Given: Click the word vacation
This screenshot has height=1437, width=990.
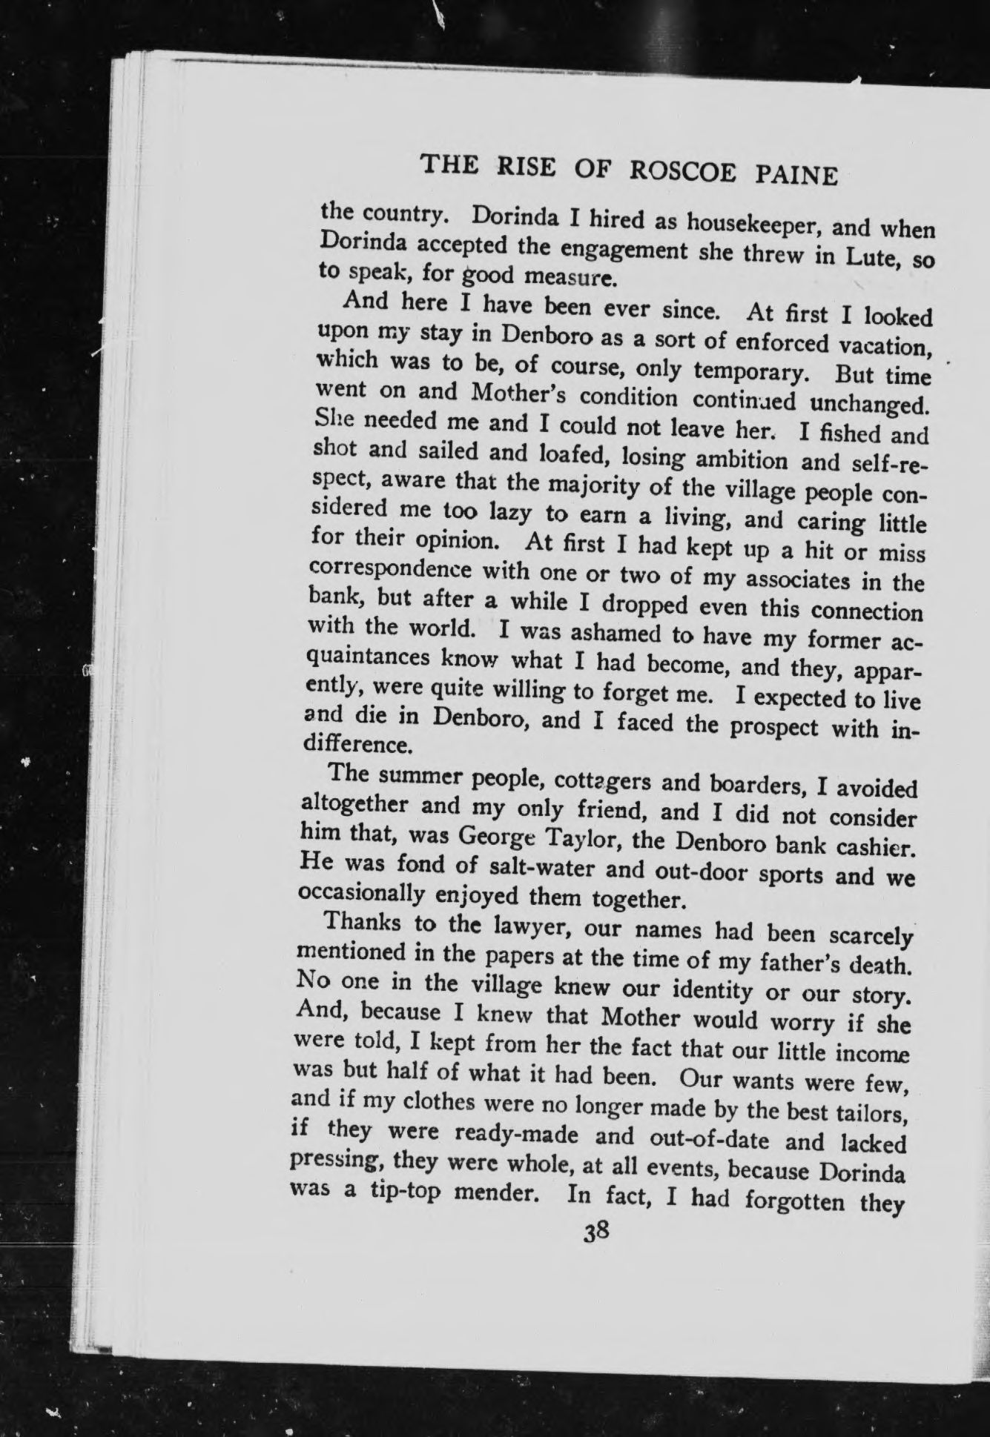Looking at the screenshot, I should (x=884, y=347).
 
